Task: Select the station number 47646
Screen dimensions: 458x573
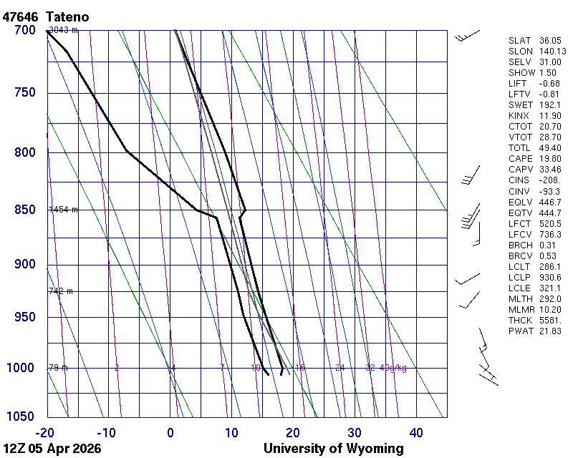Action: tap(21, 16)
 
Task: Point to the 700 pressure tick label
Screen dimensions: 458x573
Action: tap(24, 30)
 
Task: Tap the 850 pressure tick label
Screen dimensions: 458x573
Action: tap(24, 210)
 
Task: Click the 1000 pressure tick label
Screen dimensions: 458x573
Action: tap(21, 368)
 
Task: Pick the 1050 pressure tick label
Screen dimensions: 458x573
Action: tap(21, 417)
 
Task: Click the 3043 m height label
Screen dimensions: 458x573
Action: tap(63, 30)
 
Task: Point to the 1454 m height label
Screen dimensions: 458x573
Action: tap(63, 210)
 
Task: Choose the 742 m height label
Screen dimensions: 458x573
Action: tap(61, 291)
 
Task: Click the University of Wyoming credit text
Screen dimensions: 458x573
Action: tap(334, 449)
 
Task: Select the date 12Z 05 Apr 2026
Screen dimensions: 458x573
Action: tap(52, 449)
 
